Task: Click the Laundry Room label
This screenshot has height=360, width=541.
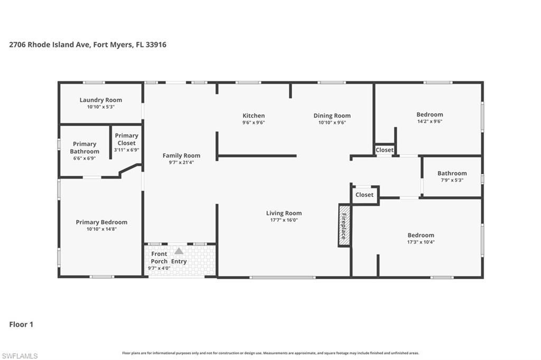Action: click(100, 100)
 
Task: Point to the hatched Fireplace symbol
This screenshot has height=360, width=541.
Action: click(343, 225)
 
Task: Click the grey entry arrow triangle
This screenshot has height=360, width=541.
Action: click(179, 251)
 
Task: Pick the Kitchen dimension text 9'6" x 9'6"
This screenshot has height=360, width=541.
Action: click(254, 122)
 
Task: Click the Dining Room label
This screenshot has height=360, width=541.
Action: click(332, 116)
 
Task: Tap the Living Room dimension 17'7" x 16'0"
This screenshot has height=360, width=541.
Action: click(284, 220)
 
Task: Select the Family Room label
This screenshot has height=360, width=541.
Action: click(181, 155)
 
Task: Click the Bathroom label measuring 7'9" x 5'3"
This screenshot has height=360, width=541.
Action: click(452, 173)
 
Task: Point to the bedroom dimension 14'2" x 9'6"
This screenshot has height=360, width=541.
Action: click(430, 121)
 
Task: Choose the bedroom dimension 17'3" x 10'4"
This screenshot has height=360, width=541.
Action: click(421, 242)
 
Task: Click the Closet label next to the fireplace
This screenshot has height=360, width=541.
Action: click(364, 195)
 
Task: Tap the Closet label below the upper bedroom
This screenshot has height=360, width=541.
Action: click(384, 150)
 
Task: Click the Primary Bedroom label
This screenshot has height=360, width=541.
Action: click(101, 222)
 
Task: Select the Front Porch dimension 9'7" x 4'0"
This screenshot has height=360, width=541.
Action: click(159, 269)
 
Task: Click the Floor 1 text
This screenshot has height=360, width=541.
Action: click(21, 325)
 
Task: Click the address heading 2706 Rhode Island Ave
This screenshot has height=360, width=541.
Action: click(88, 45)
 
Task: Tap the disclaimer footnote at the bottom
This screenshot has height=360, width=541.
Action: click(270, 353)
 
